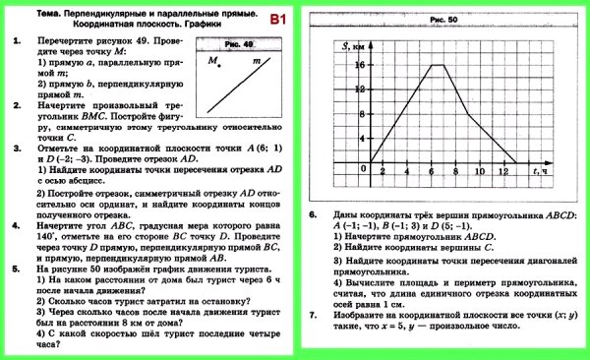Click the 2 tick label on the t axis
point(383,173)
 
